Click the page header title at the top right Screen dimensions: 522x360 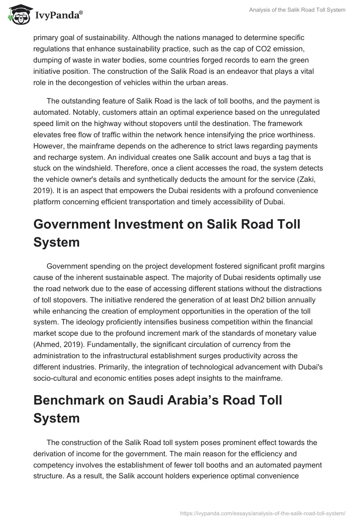[x=298, y=10]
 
